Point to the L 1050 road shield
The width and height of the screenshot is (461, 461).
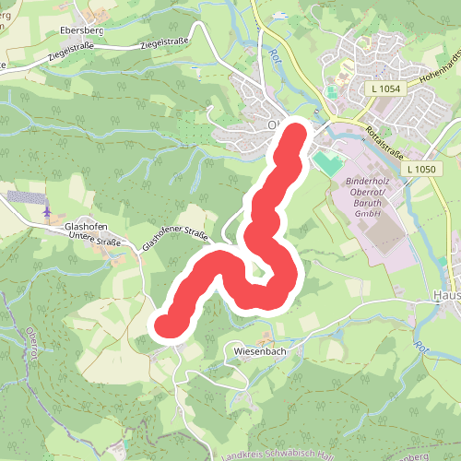click(x=419, y=169)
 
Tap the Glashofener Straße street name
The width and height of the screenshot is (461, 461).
click(x=175, y=238)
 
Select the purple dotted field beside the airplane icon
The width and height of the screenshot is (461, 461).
click(x=24, y=197)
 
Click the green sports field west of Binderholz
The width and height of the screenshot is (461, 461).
click(x=325, y=164)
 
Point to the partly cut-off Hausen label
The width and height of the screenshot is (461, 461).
click(x=446, y=296)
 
